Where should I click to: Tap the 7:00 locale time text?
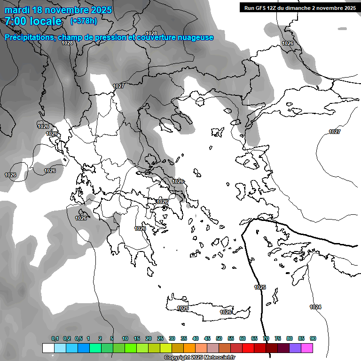33,21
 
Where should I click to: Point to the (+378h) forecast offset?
84,21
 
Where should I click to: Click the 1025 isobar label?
259,287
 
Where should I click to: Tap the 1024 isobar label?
315,307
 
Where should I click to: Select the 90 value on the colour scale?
313,338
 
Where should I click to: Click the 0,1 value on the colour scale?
55,338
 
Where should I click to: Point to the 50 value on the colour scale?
219,338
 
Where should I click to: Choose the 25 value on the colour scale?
160,338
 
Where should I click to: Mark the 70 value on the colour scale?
266,338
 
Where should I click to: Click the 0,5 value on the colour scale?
78,338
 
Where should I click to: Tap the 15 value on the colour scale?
137,338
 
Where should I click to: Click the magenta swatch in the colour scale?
307,348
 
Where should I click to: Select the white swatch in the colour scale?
48,348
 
